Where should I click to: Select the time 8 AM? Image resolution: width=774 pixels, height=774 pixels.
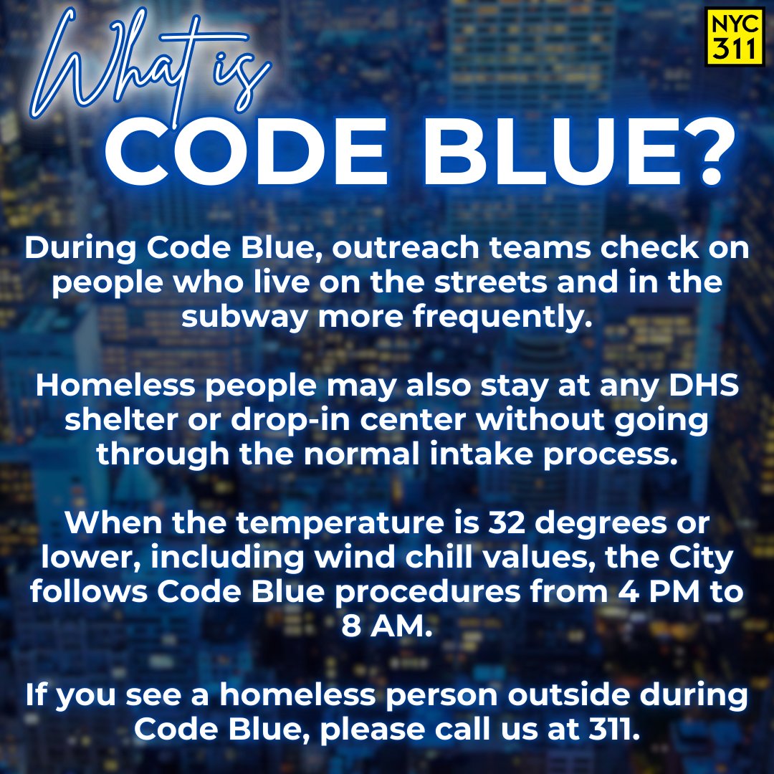387,624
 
